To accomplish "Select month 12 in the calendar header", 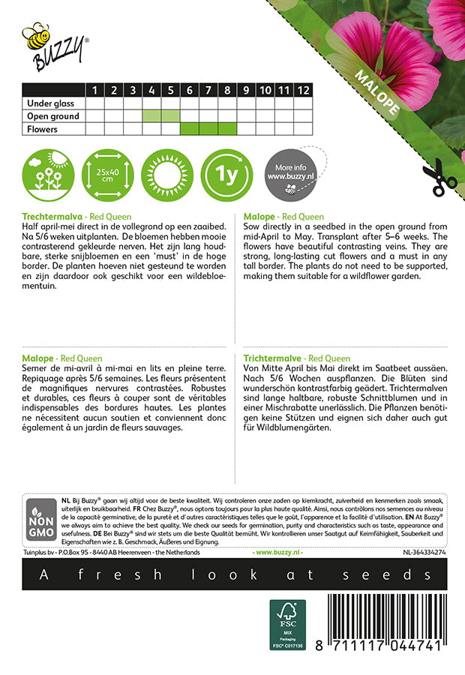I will [x=302, y=91].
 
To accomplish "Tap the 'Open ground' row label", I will [x=52, y=116].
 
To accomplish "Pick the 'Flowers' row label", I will [x=42, y=129].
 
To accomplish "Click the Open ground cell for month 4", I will [x=151, y=116].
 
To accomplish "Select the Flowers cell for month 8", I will [x=226, y=129].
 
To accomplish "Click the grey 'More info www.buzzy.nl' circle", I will [x=289, y=174].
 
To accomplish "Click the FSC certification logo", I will [x=288, y=624].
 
